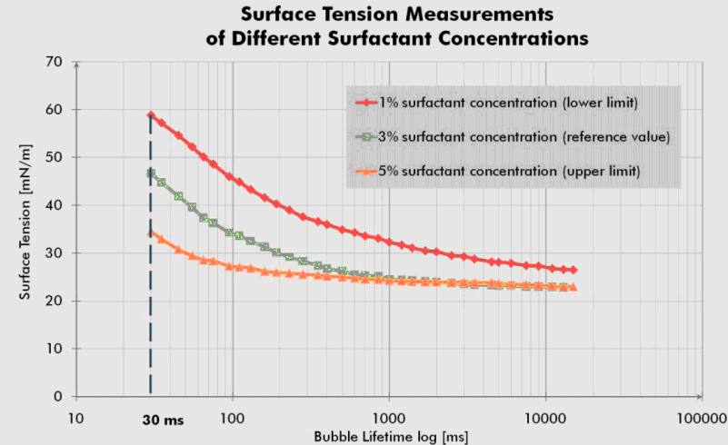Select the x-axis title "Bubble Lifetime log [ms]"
point(391,437)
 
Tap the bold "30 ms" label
point(162,420)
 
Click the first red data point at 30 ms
point(151,115)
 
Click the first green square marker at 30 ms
point(151,173)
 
